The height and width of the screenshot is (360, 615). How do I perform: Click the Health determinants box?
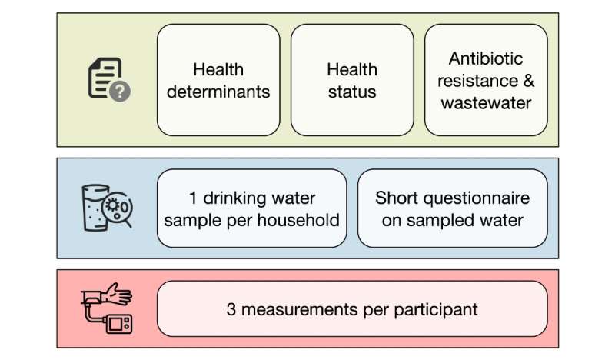point(218,80)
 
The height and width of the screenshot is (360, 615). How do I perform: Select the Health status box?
point(352,80)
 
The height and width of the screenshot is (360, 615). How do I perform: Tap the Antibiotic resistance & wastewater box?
point(486,80)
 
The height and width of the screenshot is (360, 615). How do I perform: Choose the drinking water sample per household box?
point(252,208)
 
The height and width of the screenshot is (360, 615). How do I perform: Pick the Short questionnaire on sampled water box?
point(453,208)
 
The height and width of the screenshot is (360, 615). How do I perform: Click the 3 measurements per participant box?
point(352,309)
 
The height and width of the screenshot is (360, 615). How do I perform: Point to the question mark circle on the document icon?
point(120,92)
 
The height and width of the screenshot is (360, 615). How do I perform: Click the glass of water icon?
point(95,208)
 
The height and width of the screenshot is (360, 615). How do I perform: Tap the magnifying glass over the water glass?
point(118,208)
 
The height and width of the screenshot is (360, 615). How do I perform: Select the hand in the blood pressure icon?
point(118,294)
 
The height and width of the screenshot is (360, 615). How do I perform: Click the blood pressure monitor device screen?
point(117,325)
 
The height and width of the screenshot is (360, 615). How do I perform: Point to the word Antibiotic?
point(486,58)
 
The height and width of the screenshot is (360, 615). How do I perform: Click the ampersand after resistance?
point(529,81)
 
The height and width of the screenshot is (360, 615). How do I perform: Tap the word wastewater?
point(486,103)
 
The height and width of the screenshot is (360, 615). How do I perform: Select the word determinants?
point(218,92)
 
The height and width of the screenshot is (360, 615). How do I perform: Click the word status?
point(352,92)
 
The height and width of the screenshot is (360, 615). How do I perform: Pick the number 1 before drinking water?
point(193,198)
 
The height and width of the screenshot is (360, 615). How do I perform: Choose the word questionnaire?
point(477,198)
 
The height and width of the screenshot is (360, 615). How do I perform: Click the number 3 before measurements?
point(231,309)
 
